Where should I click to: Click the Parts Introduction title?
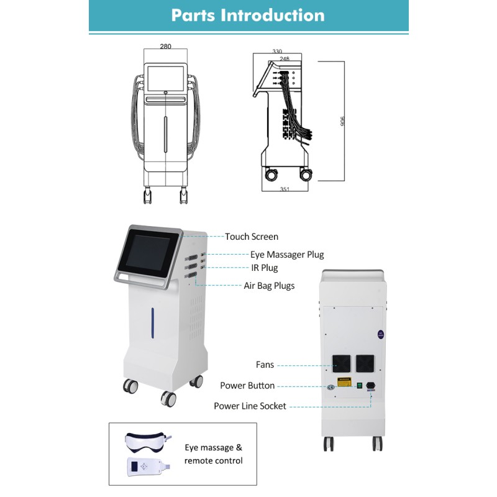(x=248, y=16)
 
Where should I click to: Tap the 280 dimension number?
(x=165, y=46)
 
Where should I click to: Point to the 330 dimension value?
(x=278, y=52)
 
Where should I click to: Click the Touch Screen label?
(x=252, y=237)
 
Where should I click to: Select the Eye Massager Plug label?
(x=287, y=255)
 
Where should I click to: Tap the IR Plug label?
(x=264, y=268)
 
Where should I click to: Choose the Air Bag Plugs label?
(x=269, y=286)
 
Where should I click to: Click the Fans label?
(x=265, y=365)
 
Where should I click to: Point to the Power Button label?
(x=247, y=386)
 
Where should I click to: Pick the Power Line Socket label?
(x=250, y=406)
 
